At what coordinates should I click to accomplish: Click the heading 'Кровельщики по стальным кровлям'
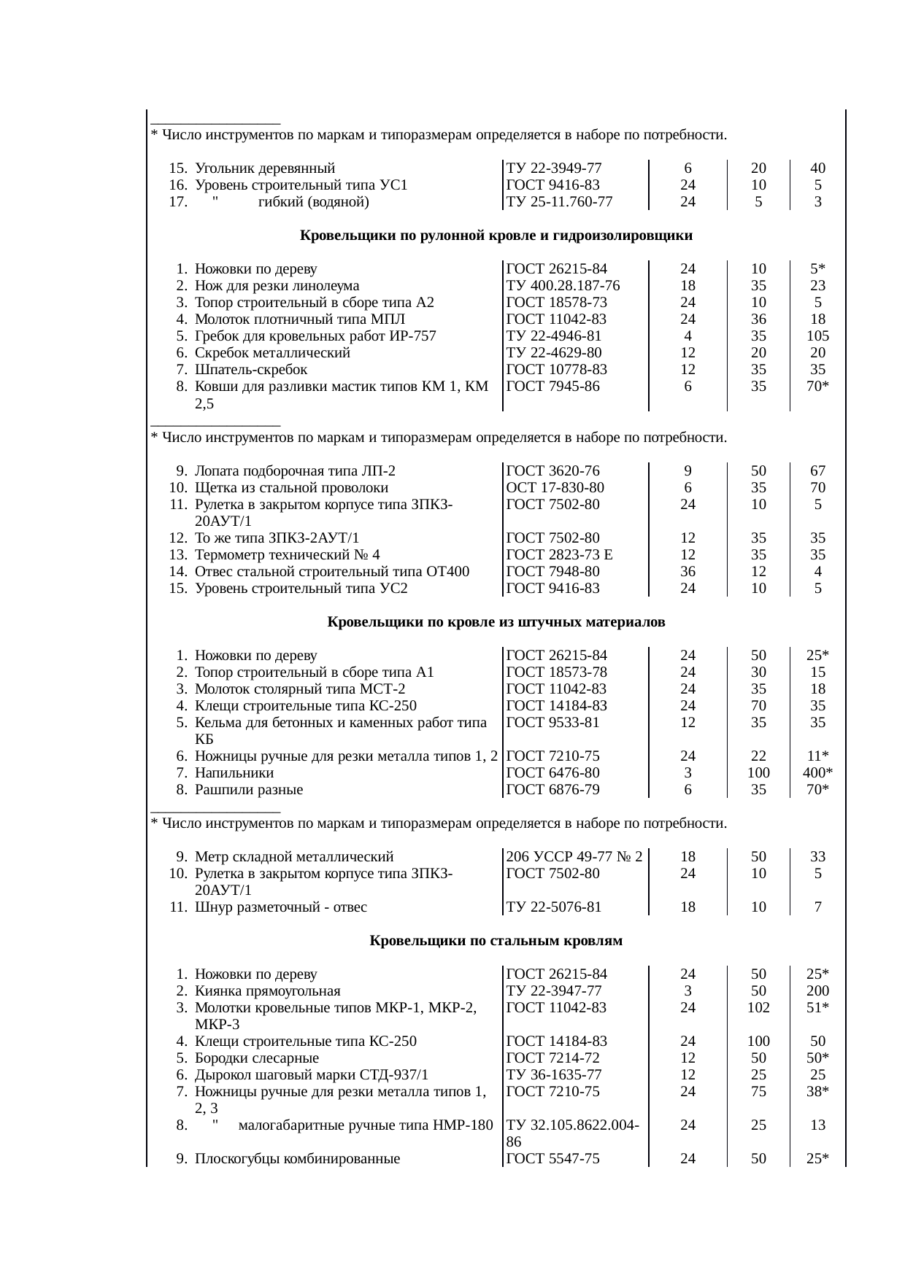[496, 941]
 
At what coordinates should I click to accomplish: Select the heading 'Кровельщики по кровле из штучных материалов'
[496, 622]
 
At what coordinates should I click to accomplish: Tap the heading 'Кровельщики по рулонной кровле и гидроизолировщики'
[496, 236]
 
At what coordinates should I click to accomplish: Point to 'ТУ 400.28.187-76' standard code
[563, 286]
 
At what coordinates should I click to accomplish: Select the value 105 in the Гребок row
[817, 336]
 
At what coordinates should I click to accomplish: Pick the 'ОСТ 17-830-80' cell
[555, 488]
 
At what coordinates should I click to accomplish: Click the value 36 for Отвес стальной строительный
[688, 572]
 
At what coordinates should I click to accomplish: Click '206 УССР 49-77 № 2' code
[574, 857]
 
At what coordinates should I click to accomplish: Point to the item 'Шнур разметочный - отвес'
[281, 907]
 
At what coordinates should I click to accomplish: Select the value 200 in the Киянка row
[817, 991]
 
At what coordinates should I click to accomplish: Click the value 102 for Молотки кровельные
[758, 1008]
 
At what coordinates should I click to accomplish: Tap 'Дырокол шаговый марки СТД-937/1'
[312, 1075]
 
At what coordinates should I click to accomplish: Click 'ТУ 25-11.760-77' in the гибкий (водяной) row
[559, 202]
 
